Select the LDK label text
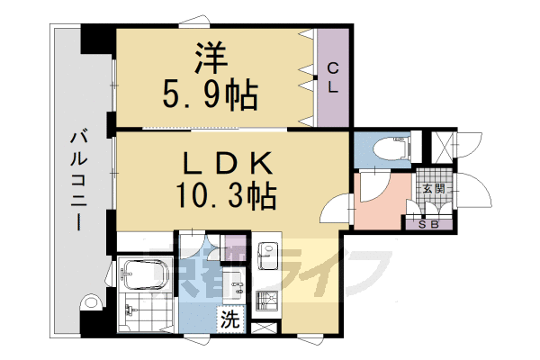[x=227, y=162]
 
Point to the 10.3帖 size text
[x=227, y=193]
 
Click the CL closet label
[x=332, y=78]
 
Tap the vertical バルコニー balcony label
[x=78, y=180]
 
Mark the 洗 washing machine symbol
[x=231, y=318]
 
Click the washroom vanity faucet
[x=238, y=289]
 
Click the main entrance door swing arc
[x=475, y=193]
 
